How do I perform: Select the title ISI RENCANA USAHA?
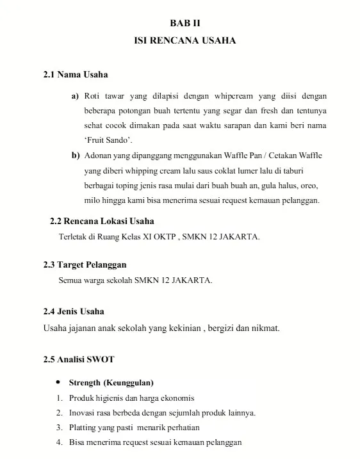tap(184, 40)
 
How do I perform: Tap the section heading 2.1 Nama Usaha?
tap(76, 76)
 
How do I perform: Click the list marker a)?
tap(75, 96)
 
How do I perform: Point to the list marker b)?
tap(76, 156)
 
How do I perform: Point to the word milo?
tap(94, 200)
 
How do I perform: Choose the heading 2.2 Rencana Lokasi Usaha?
tap(102, 221)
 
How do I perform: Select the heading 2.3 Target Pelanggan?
tap(85, 264)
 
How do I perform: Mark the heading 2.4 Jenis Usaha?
tap(74, 312)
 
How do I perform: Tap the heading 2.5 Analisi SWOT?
tap(79, 359)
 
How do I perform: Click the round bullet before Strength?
tap(60, 382)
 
